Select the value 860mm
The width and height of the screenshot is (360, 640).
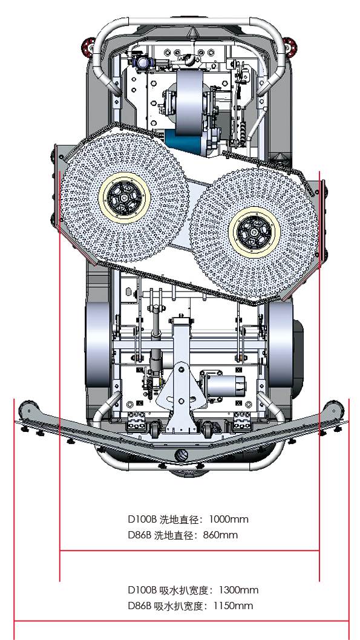220,535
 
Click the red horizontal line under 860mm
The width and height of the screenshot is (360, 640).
189,550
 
